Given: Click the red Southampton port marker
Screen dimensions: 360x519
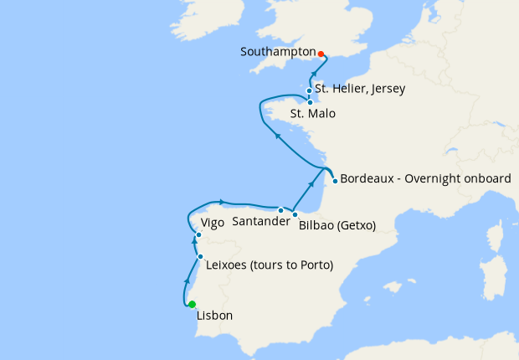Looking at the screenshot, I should click(x=321, y=54).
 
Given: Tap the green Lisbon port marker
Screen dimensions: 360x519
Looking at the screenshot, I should click(x=192, y=304).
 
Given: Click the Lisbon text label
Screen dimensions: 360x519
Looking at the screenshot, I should click(x=213, y=316).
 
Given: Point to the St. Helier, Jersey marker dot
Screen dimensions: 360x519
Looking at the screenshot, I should click(x=310, y=90).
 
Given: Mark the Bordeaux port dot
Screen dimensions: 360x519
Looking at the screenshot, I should click(x=335, y=181).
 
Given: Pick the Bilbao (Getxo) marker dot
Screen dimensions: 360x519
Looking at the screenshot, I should click(x=295, y=214).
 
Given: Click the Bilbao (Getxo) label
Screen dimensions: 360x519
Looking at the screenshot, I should click(x=337, y=225).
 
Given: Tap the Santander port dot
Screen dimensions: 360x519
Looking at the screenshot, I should click(x=280, y=210).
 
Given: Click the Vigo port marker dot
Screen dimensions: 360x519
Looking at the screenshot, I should click(x=198, y=234).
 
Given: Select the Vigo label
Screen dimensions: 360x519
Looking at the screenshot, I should click(x=213, y=224).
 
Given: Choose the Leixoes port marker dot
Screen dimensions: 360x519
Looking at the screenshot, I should click(x=200, y=256).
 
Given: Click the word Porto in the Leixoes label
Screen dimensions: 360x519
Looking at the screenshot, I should click(x=313, y=266).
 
